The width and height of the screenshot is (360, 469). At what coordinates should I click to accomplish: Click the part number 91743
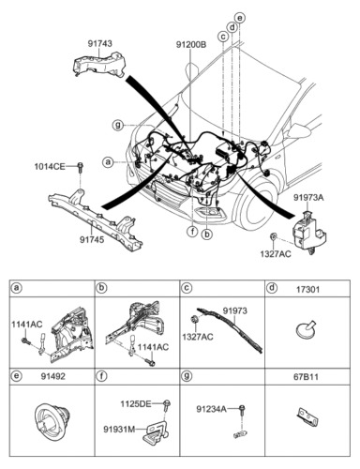pyautogui.click(x=99, y=43)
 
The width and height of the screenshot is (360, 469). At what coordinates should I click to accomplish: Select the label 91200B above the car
pyautogui.click(x=191, y=45)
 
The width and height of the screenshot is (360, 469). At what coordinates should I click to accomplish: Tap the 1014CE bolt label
pyautogui.click(x=50, y=167)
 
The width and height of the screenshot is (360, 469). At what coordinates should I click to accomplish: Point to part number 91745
pyautogui.click(x=92, y=239)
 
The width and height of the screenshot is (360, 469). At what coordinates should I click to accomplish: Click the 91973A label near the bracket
pyautogui.click(x=308, y=198)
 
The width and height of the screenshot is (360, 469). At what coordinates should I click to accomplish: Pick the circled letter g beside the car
pyautogui.click(x=118, y=126)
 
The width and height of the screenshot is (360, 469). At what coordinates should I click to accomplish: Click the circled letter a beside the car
pyautogui.click(x=108, y=162)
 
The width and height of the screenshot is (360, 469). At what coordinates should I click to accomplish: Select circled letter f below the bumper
pyautogui.click(x=193, y=232)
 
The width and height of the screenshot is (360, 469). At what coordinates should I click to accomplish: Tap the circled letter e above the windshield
pyautogui.click(x=240, y=18)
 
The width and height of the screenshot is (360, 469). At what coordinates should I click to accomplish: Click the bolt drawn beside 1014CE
pyautogui.click(x=81, y=167)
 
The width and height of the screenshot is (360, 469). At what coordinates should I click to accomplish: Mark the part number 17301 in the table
pyautogui.click(x=308, y=290)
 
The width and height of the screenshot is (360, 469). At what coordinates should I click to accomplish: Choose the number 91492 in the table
pyautogui.click(x=53, y=376)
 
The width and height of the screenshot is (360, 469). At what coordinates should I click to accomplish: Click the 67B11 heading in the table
pyautogui.click(x=306, y=377)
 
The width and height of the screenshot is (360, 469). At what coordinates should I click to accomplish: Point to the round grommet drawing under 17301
pyautogui.click(x=306, y=329)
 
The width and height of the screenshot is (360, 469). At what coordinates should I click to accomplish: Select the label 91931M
pyautogui.click(x=119, y=430)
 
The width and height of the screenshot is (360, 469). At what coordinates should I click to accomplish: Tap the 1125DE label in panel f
pyautogui.click(x=136, y=404)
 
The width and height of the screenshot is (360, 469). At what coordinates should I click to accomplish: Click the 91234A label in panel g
pyautogui.click(x=211, y=409)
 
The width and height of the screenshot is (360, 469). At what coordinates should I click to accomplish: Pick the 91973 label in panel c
pyautogui.click(x=234, y=311)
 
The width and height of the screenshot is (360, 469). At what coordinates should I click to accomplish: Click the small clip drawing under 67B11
pyautogui.click(x=307, y=416)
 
